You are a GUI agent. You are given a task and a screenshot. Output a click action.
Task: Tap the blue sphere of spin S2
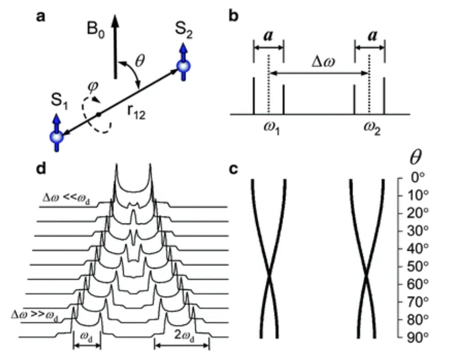183,68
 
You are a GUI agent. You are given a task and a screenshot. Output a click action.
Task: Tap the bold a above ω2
370,36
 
